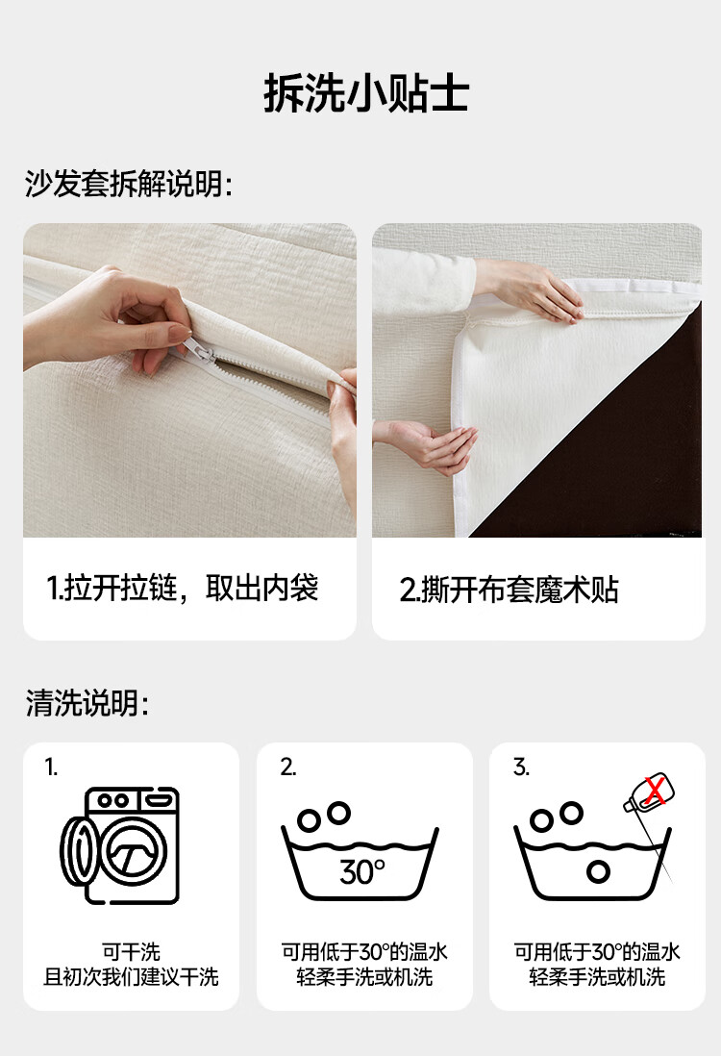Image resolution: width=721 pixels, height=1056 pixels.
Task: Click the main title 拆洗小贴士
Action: pos(366,93)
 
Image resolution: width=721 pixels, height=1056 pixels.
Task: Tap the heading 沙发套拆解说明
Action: pos(129,183)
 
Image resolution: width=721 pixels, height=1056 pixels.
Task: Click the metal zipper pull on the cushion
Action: pos(201,351)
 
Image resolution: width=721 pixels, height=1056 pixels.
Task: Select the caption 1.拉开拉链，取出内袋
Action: pos(183,588)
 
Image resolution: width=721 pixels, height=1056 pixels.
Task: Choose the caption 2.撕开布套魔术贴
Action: pos(509,590)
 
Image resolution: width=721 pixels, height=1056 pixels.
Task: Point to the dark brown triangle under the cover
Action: pos(619,458)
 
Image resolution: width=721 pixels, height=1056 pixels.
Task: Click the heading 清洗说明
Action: pos(87,703)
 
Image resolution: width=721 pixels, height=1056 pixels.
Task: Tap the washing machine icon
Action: pos(121,846)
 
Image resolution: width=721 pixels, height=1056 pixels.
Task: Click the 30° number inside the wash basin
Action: pos(362,872)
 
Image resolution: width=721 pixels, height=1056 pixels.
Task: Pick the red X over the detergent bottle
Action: pos(655,791)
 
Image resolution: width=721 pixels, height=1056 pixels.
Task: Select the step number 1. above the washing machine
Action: pos(51,767)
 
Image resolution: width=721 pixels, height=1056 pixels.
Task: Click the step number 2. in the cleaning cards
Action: pos(288,767)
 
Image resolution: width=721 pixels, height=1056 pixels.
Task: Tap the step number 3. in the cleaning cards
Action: pos(521,767)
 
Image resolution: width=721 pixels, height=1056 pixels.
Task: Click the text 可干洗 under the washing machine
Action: pos(132,951)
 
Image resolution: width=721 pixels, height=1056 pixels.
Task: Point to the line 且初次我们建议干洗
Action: pos(132,976)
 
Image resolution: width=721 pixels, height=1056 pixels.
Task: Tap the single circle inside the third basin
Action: pos(598,871)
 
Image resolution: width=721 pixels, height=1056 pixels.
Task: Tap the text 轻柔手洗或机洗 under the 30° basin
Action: pos(364,976)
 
